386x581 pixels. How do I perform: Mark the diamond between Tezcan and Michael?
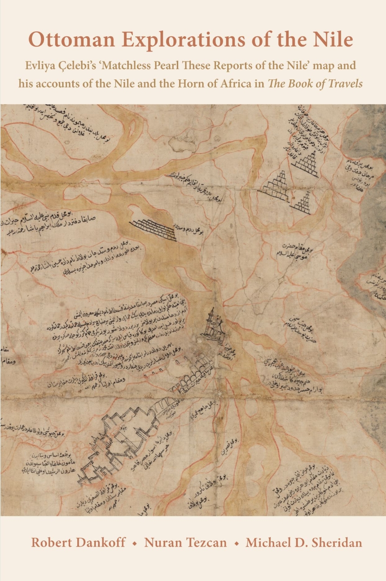[x=236, y=543]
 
